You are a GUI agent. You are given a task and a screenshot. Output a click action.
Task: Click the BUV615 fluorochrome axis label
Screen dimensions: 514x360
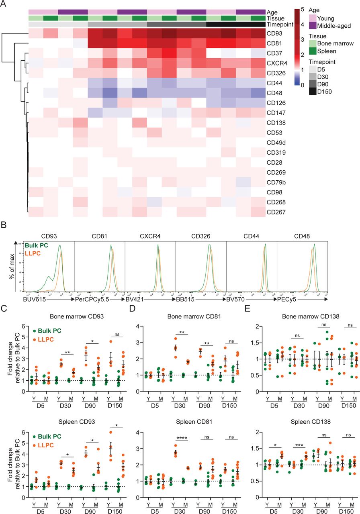[34, 299]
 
